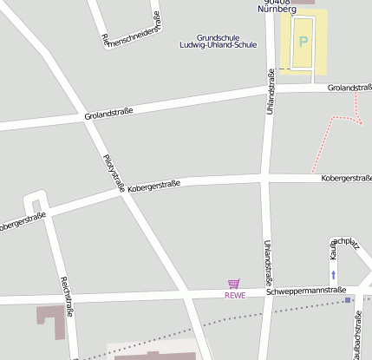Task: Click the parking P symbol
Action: click(303, 41)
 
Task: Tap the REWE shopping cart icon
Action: click(233, 284)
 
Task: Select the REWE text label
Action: click(235, 295)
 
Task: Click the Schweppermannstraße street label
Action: click(306, 291)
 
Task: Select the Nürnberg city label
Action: click(277, 7)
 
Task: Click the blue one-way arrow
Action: click(333, 275)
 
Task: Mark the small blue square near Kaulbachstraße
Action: click(348, 300)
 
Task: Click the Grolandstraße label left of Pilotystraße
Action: click(108, 114)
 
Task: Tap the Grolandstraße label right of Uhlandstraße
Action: click(349, 88)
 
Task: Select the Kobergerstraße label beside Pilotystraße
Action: click(153, 186)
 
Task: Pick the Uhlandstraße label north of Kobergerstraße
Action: click(271, 96)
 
